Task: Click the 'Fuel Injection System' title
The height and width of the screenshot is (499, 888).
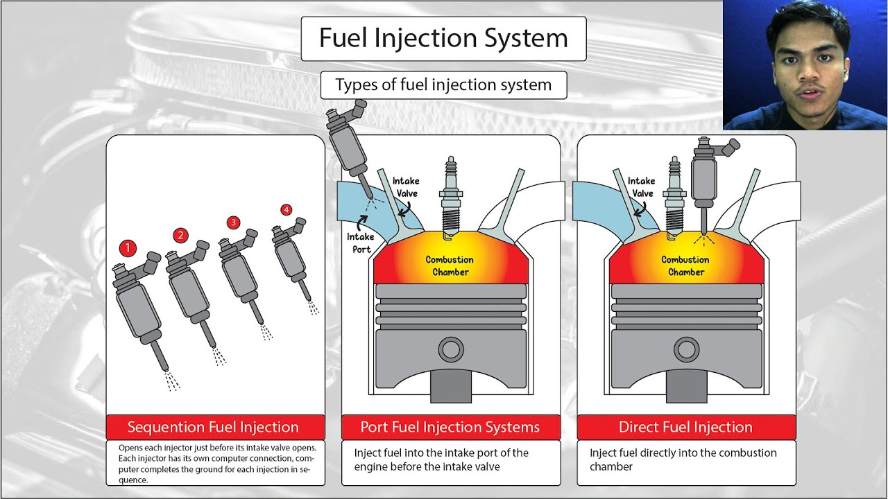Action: pyautogui.click(x=443, y=38)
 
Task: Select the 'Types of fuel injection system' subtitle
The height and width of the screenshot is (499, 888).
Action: pyautogui.click(x=443, y=85)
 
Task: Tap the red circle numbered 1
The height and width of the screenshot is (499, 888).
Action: pyautogui.click(x=128, y=247)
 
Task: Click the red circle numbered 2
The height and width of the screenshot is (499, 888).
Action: pyautogui.click(x=180, y=235)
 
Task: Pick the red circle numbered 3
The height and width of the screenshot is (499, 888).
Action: pyautogui.click(x=233, y=222)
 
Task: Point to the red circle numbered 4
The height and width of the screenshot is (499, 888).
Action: pyautogui.click(x=286, y=209)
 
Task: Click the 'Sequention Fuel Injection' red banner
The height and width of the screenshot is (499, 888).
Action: pyautogui.click(x=214, y=427)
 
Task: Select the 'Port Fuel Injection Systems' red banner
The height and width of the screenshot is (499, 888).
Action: pyautogui.click(x=450, y=427)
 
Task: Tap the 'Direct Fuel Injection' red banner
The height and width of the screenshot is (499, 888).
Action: pyautogui.click(x=685, y=427)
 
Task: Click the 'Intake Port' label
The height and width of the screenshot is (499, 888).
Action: pyautogui.click(x=359, y=243)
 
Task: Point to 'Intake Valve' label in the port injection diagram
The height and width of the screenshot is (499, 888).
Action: pyautogui.click(x=406, y=187)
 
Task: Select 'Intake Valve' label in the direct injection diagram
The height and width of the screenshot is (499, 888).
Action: pyautogui.click(x=641, y=187)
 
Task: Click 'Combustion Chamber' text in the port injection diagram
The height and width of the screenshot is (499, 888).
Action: pyautogui.click(x=450, y=265)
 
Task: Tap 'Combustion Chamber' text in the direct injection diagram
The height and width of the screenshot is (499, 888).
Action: pyautogui.click(x=685, y=265)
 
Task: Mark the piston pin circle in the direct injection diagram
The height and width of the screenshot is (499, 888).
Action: pyautogui.click(x=686, y=349)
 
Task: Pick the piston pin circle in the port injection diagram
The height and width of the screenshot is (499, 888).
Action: pyautogui.click(x=451, y=349)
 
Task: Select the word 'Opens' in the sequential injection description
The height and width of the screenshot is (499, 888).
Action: pyautogui.click(x=130, y=448)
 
